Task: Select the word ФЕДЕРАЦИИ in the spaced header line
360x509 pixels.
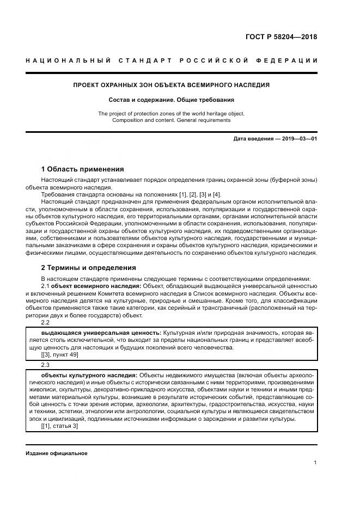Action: tap(291, 60)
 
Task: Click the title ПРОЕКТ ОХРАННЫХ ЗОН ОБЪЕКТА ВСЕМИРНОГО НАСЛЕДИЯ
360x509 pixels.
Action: tap(171, 85)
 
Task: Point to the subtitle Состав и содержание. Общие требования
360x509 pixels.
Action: tap(171, 100)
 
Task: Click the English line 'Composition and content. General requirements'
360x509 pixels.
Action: tap(171, 120)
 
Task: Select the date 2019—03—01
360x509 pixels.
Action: tap(297, 139)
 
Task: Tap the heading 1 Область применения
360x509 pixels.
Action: tap(82, 169)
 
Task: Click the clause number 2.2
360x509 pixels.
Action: tap(46, 322)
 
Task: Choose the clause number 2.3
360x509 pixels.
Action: tap(46, 365)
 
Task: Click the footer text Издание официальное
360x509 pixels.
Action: tap(57, 453)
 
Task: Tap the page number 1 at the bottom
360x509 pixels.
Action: tap(315, 463)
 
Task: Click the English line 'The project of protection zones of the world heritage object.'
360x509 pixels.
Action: tap(171, 113)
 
